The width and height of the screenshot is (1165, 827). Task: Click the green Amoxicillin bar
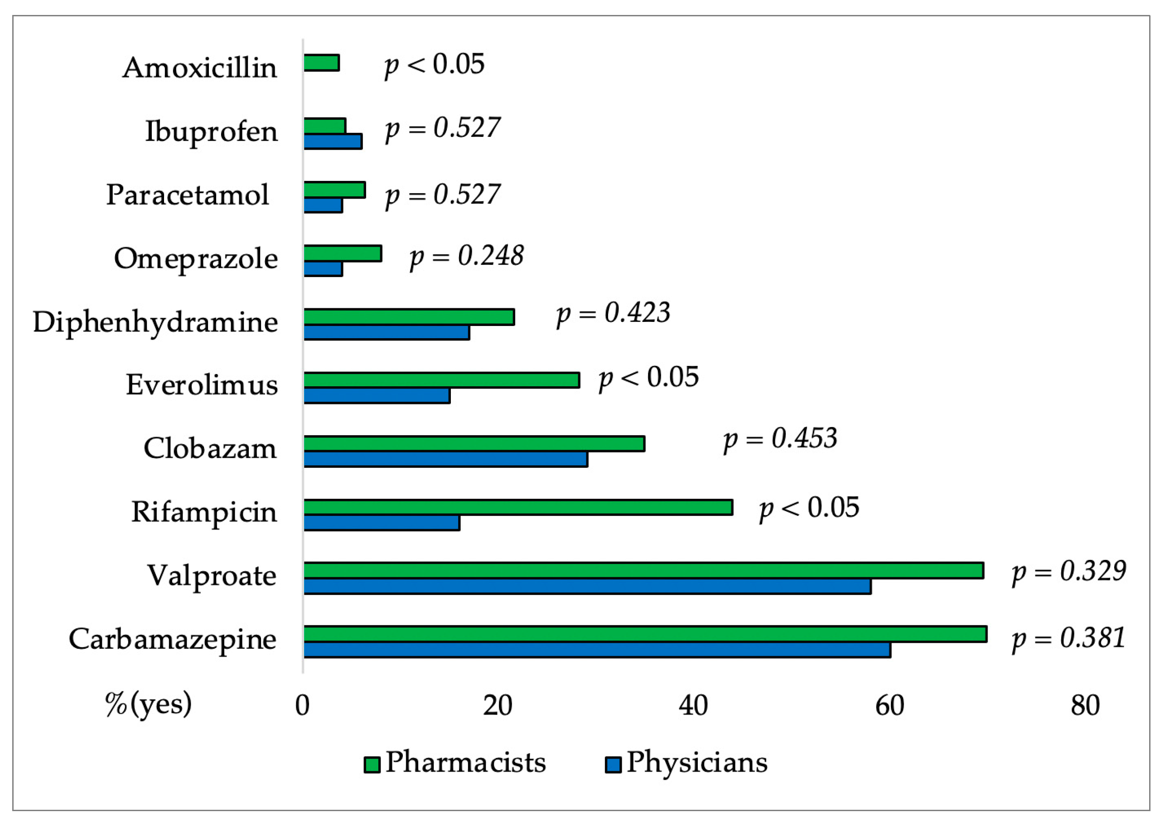(x=321, y=63)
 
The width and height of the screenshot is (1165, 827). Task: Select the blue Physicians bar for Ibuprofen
(x=333, y=141)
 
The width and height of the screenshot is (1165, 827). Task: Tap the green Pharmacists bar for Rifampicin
(x=517, y=508)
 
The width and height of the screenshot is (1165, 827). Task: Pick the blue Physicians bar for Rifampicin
(x=382, y=523)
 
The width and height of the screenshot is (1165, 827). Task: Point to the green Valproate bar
(x=643, y=571)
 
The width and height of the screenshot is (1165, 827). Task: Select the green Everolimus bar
(x=441, y=380)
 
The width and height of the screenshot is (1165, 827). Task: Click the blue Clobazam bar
(x=445, y=459)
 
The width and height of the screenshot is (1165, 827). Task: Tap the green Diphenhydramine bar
(x=409, y=317)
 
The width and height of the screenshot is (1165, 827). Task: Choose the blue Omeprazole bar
(x=323, y=269)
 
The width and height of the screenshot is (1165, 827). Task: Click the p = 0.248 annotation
(x=466, y=256)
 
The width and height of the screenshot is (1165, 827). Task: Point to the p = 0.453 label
(x=780, y=439)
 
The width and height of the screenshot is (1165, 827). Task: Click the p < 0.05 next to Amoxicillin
(x=434, y=65)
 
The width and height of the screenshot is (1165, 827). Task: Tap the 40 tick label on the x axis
(x=693, y=706)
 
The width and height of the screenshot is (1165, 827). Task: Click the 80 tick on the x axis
(x=1085, y=706)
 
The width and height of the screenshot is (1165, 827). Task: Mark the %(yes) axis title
(x=148, y=704)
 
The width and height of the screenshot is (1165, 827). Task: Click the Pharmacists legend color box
(x=372, y=764)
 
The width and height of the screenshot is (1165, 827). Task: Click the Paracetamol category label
(x=187, y=195)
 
